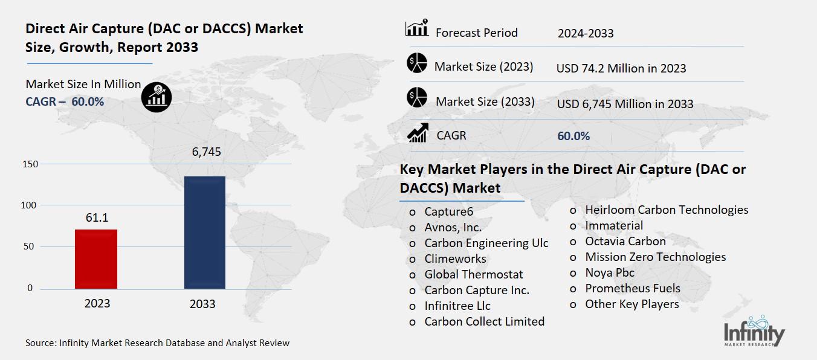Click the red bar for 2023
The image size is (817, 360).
[96, 259]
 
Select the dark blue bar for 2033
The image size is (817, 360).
[204, 233]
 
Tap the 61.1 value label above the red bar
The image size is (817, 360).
[96, 217]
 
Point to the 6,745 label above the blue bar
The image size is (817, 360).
[206, 152]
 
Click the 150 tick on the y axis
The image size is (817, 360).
[30, 164]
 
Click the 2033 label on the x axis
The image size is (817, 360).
[202, 304]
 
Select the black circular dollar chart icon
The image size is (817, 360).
[157, 97]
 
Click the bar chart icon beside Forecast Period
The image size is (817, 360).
[417, 28]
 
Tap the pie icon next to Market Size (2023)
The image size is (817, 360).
[417, 63]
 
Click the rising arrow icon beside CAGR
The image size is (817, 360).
[418, 133]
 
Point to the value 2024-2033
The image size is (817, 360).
[585, 33]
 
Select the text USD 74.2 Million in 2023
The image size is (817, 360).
[621, 68]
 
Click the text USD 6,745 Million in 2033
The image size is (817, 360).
[624, 104]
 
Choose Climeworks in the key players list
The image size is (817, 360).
[455, 259]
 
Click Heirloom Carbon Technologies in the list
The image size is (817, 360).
[667, 210]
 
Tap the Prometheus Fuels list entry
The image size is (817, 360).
[632, 288]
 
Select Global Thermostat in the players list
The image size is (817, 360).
[474, 274]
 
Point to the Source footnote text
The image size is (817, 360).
[157, 342]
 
